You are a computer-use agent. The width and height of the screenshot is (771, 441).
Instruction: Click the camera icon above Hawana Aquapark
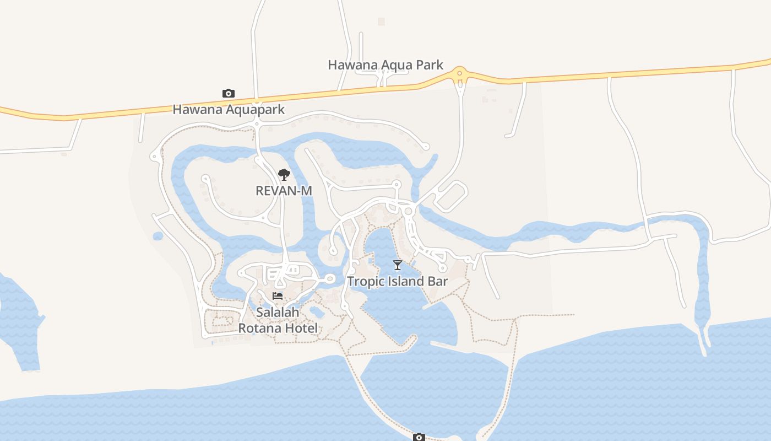[229, 93]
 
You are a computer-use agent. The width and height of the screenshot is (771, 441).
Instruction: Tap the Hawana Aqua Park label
[385, 65]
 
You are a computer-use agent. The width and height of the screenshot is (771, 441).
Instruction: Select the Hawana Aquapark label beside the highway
[229, 110]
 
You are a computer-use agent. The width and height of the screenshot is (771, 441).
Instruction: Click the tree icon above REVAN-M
[284, 175]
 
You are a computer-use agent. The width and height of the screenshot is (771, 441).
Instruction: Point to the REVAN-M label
[284, 191]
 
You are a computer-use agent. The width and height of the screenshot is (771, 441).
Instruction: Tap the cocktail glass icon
[398, 265]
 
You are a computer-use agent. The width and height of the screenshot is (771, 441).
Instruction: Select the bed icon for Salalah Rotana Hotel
[278, 296]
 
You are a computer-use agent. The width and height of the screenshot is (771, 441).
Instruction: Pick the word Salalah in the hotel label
[278, 313]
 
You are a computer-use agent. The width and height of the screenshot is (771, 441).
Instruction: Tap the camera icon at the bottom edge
[419, 437]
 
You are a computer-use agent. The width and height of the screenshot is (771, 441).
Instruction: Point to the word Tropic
[365, 282]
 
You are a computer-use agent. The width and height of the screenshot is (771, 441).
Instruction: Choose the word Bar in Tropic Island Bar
[438, 282]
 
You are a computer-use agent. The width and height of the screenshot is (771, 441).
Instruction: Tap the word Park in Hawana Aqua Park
[430, 65]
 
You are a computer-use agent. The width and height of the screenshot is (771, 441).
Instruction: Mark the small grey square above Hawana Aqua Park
[381, 21]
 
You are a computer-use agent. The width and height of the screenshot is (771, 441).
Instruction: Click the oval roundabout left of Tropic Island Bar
[330, 279]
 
